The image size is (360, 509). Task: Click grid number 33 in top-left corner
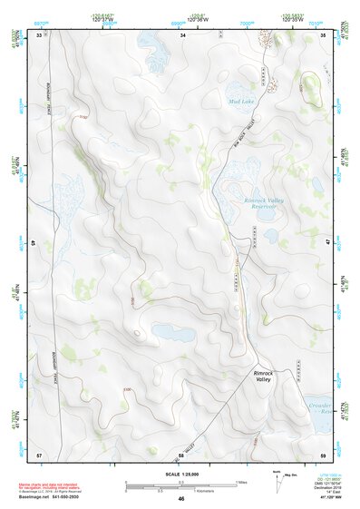pyautogui.click(x=38, y=34)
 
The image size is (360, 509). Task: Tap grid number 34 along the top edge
pyautogui.click(x=183, y=34)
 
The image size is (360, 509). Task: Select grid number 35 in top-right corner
pyautogui.click(x=324, y=34)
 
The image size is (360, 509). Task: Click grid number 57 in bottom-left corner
pyautogui.click(x=38, y=453)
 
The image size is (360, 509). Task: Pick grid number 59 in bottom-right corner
pyautogui.click(x=324, y=453)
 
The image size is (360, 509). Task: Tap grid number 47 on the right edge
pyautogui.click(x=326, y=243)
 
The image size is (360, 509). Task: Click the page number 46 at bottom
pyautogui.click(x=181, y=499)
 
